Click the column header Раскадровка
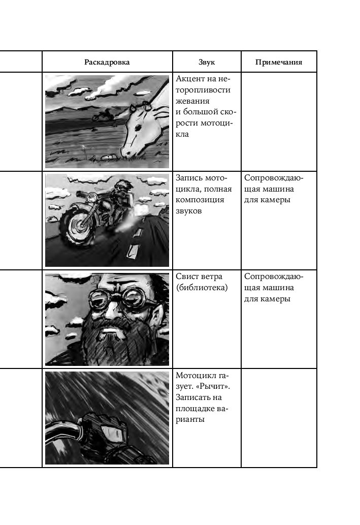pos(107,63)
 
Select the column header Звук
pos(207,63)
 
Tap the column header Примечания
pos(279,63)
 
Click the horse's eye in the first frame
pos(137,128)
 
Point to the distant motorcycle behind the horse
pos(102,115)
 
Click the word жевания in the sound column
pos(192,101)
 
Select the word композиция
pos(200,200)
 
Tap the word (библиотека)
pos(202,287)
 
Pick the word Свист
pos(188,276)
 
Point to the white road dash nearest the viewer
pos(133,251)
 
